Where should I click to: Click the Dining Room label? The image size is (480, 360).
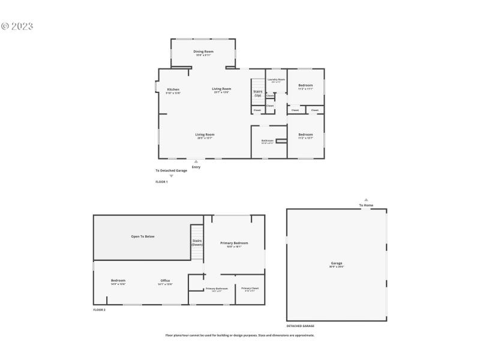click(203, 52)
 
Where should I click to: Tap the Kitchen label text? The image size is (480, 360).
click(173, 89)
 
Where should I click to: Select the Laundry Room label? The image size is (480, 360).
click(276, 79)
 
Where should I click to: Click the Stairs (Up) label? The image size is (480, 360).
click(257, 93)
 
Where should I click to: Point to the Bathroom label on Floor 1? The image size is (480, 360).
click(267, 141)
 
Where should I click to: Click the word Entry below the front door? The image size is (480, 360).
click(196, 167)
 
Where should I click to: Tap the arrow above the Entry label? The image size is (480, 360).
click(196, 161)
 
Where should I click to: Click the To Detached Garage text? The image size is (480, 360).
click(171, 170)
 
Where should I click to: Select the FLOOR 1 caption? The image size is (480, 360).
click(161, 181)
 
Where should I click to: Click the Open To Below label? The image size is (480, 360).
click(143, 236)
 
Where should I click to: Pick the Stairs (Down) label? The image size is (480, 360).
click(197, 242)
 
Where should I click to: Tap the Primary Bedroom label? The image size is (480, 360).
click(234, 243)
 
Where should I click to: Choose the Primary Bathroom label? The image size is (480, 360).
click(217, 289)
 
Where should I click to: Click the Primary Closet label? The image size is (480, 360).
click(250, 289)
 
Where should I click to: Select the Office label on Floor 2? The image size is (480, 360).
click(165, 280)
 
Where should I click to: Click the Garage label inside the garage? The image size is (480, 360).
click(337, 263)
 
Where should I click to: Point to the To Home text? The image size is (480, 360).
click(366, 205)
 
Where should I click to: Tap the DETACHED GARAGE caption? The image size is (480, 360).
click(300, 326)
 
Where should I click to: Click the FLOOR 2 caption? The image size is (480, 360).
click(99, 310)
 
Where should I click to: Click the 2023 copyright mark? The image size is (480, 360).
click(17, 26)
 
